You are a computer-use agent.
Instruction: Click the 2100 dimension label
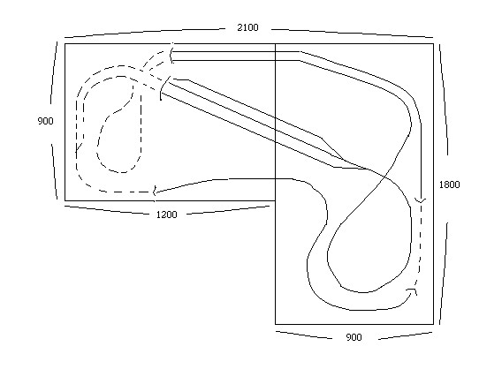(247, 27)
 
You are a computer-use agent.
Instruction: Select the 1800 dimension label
(449, 184)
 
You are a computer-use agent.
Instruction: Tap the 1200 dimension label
(166, 215)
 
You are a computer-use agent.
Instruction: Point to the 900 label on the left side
(45, 121)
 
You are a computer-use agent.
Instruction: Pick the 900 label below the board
(354, 337)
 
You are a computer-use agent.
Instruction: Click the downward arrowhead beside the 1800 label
(421, 200)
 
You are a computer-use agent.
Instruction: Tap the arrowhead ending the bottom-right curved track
(413, 291)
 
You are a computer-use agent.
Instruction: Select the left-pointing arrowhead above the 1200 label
(155, 192)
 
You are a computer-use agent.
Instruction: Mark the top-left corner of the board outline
(65, 43)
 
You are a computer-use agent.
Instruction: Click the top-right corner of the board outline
(433, 43)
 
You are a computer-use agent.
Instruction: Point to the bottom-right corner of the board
(433, 324)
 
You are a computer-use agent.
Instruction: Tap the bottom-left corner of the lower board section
(276, 324)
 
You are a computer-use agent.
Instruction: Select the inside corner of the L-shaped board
(276, 200)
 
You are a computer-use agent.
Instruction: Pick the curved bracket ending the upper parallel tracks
(171, 53)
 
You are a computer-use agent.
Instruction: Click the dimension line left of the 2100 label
(144, 33)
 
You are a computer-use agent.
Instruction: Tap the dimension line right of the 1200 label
(228, 210)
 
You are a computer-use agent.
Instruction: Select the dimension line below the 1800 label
(444, 274)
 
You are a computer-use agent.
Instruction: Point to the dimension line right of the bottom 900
(406, 335)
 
